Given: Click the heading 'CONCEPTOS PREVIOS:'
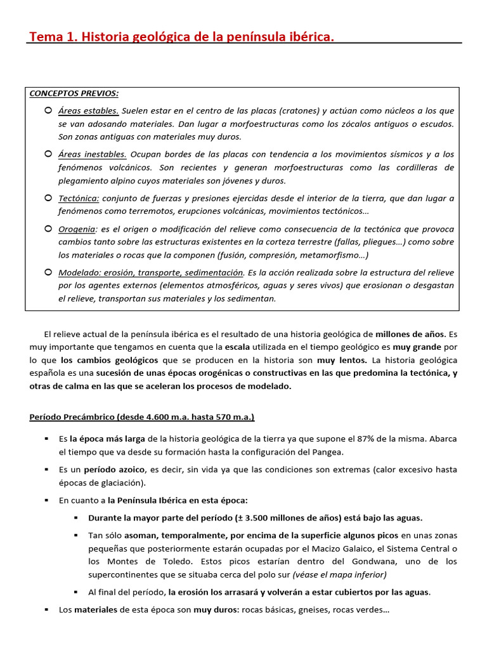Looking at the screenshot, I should (x=74, y=93).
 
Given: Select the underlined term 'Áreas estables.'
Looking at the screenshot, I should (x=88, y=110).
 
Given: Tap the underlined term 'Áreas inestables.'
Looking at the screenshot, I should (x=93, y=154).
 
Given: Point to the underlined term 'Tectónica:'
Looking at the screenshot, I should (x=79, y=198).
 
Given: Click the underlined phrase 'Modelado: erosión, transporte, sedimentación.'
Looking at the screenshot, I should (x=152, y=272).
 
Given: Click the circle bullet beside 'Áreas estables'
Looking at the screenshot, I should (x=48, y=110).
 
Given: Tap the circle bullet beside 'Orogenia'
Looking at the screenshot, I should (x=48, y=228).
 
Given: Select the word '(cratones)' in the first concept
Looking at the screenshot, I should (x=299, y=110).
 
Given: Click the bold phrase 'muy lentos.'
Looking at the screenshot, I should (x=339, y=360).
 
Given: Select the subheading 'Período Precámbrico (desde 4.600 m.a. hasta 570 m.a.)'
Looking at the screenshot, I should (x=142, y=417).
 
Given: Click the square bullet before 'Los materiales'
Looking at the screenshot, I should (x=46, y=609).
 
